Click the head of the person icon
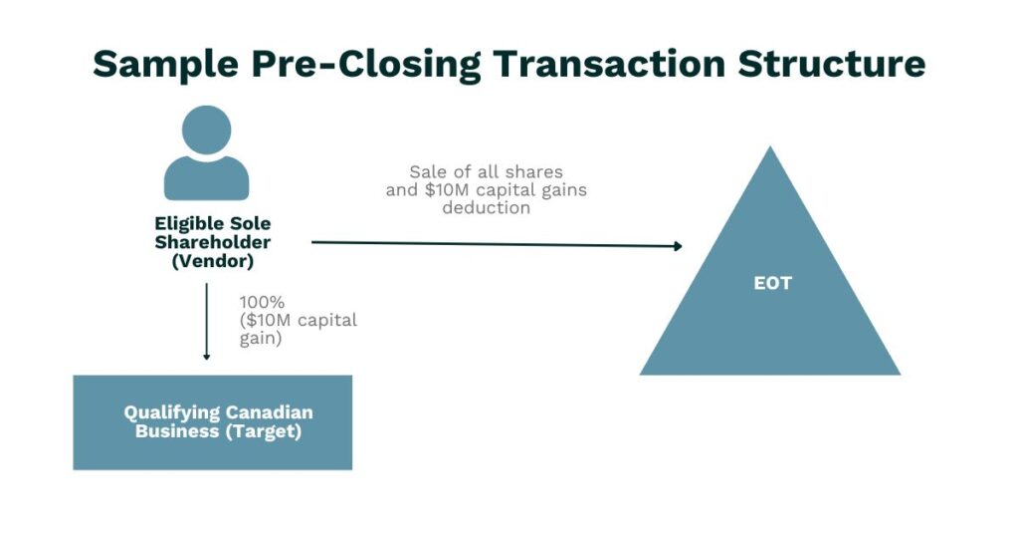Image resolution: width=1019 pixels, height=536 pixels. click(x=206, y=131)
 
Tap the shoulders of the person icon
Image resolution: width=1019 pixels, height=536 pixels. click(x=206, y=179)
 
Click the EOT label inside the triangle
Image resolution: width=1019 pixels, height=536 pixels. click(x=772, y=283)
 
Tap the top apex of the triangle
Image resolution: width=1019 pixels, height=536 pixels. click(x=770, y=149)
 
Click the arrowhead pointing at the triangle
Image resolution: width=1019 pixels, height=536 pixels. click(x=677, y=246)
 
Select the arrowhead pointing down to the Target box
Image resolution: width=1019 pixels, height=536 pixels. click(x=206, y=356)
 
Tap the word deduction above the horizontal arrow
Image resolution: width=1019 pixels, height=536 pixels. click(x=487, y=208)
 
